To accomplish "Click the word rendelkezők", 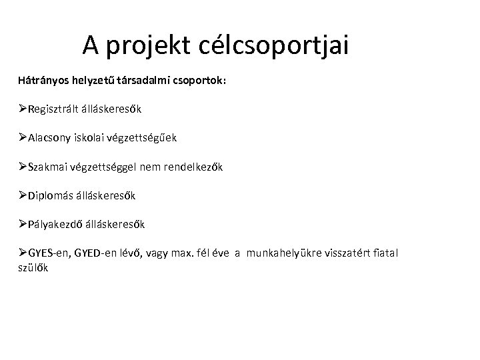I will pyautogui.click(x=193, y=167).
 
